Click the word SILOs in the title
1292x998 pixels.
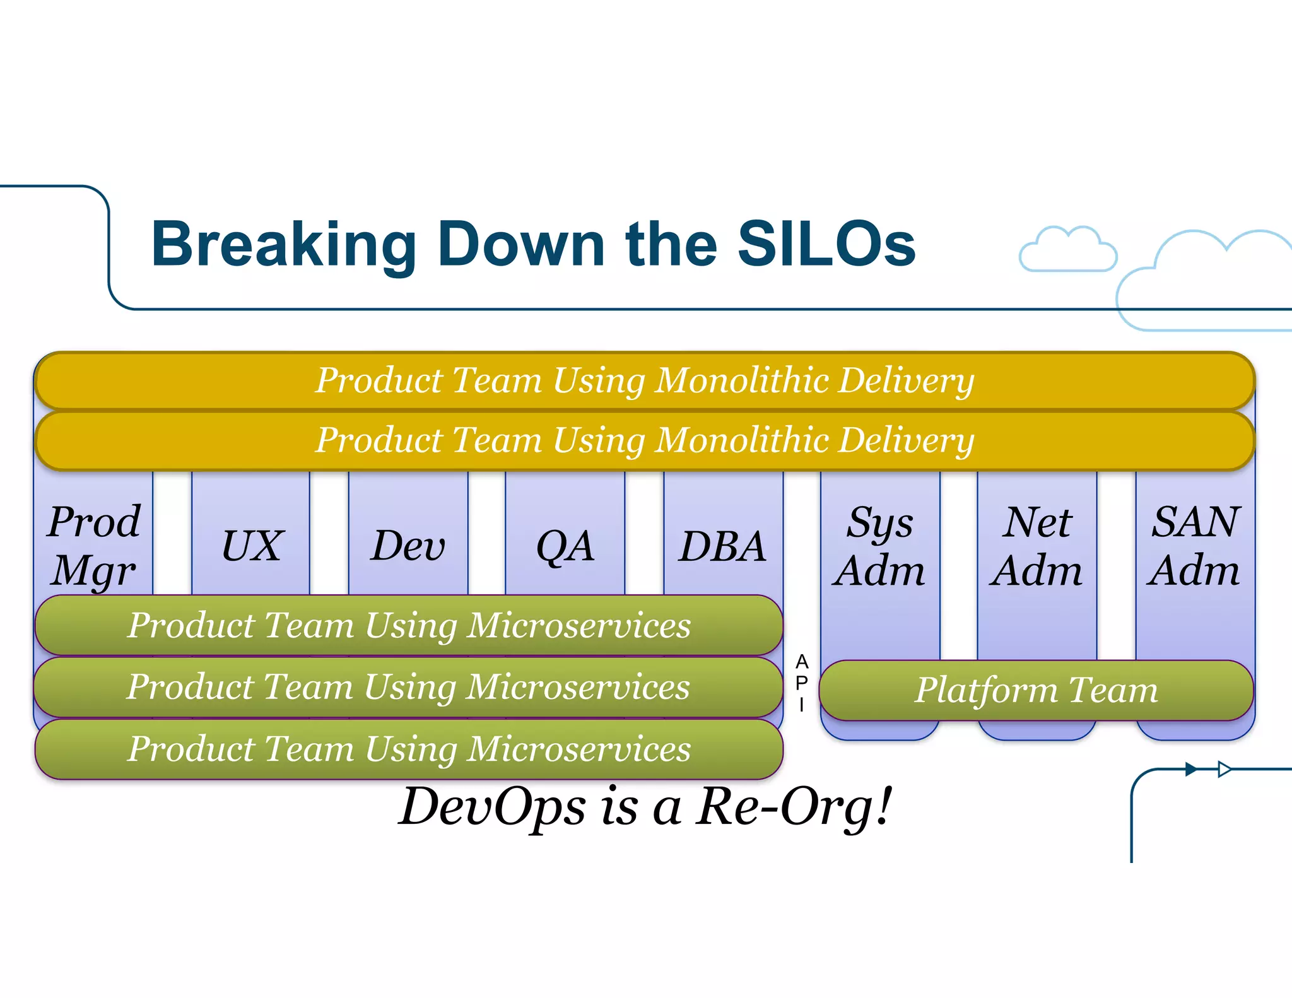tap(826, 245)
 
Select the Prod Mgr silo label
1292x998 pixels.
tap(94, 546)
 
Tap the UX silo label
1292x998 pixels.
tap(252, 546)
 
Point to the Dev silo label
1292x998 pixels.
tap(408, 546)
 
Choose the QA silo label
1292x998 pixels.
tap(565, 546)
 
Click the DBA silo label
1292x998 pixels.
tap(723, 546)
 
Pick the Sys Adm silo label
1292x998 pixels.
tap(879, 546)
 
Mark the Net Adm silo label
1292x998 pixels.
tap(1037, 546)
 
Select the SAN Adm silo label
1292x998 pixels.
tap(1195, 546)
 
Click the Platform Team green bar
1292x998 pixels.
tap(1037, 690)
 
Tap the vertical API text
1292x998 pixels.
tap(802, 683)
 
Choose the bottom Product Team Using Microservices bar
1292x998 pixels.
tap(409, 749)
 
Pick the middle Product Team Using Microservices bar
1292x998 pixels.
tap(409, 687)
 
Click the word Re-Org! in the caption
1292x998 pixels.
tap(794, 807)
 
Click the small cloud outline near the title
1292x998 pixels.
tap(1067, 250)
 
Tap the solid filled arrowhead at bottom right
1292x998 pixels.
tap(1191, 769)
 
